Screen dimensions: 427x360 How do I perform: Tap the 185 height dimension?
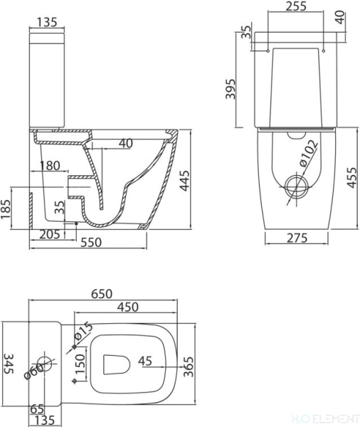8,209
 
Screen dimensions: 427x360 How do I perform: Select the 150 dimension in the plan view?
80,365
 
